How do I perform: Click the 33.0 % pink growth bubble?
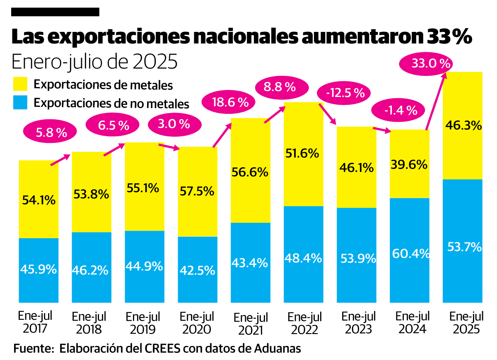click(425, 64)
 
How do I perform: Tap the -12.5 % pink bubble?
click(342, 93)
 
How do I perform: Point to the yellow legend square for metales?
click(20, 84)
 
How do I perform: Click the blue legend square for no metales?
click(20, 102)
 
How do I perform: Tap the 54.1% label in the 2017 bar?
click(38, 201)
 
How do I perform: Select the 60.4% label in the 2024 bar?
click(410, 253)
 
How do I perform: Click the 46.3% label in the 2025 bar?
click(463, 125)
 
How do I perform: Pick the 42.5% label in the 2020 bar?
click(198, 270)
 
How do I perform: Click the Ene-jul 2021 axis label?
click(251, 324)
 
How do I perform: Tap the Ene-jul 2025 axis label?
click(466, 323)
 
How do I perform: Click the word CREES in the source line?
click(164, 348)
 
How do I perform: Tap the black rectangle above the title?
click(55, 12)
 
